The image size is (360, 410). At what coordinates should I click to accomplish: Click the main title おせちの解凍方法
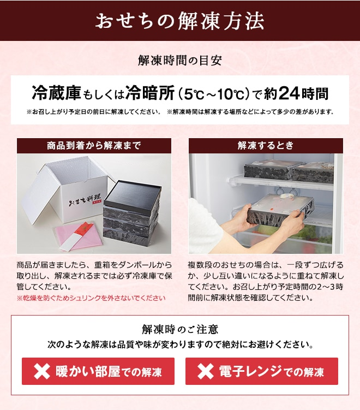point(180,21)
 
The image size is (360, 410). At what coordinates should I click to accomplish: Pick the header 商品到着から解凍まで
point(94,146)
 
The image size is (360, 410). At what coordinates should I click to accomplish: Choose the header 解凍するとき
point(266,146)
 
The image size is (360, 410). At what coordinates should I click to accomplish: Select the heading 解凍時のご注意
point(180,329)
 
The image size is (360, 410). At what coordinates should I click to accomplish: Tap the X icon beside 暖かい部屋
point(42,372)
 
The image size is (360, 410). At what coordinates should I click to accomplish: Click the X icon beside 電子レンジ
point(205,372)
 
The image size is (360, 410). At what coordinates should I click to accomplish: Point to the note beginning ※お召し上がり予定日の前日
point(93,112)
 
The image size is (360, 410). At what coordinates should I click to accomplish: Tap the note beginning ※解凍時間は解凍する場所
point(250,112)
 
